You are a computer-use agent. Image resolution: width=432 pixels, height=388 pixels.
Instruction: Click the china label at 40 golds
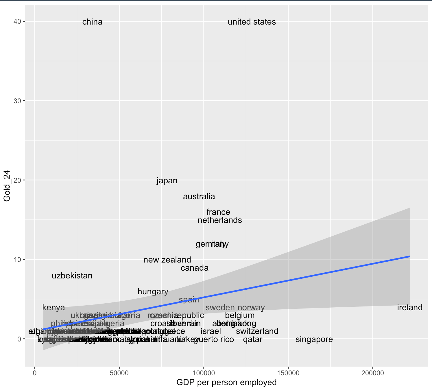(x=92, y=22)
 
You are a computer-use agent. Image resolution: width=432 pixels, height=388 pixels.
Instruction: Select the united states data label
(x=252, y=22)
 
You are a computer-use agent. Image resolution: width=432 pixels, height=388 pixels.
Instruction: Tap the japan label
(x=167, y=181)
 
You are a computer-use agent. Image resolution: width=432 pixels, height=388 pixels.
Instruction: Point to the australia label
(x=199, y=197)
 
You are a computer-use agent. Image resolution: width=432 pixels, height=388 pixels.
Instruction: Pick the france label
(x=218, y=212)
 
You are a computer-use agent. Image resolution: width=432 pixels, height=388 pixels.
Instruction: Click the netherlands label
(x=220, y=220)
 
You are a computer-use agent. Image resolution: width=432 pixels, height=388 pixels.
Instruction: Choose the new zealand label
(x=167, y=260)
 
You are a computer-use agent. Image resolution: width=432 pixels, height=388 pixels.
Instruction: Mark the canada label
(x=195, y=268)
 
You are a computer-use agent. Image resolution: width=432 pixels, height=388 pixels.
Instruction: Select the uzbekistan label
(x=72, y=276)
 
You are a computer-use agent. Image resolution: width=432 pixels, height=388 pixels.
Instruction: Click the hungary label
(x=153, y=292)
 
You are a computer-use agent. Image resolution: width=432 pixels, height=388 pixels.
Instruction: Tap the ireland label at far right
(x=410, y=308)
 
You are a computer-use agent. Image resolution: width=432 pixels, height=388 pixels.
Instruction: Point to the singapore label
(x=314, y=339)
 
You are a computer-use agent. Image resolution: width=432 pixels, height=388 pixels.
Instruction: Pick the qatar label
(x=253, y=339)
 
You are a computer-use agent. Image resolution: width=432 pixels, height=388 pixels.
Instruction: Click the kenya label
(x=53, y=308)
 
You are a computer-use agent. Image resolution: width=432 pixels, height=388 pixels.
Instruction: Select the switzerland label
(x=257, y=331)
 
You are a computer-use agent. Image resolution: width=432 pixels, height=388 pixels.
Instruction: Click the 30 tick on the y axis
(x=21, y=101)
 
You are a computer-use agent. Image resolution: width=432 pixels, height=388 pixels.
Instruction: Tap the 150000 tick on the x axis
(x=288, y=373)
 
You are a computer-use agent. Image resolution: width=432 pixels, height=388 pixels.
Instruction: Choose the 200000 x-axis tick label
(x=373, y=373)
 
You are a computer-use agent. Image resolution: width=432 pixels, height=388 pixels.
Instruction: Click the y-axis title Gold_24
(x=7, y=186)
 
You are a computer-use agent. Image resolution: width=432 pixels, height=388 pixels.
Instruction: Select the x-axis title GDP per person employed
(x=226, y=383)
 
